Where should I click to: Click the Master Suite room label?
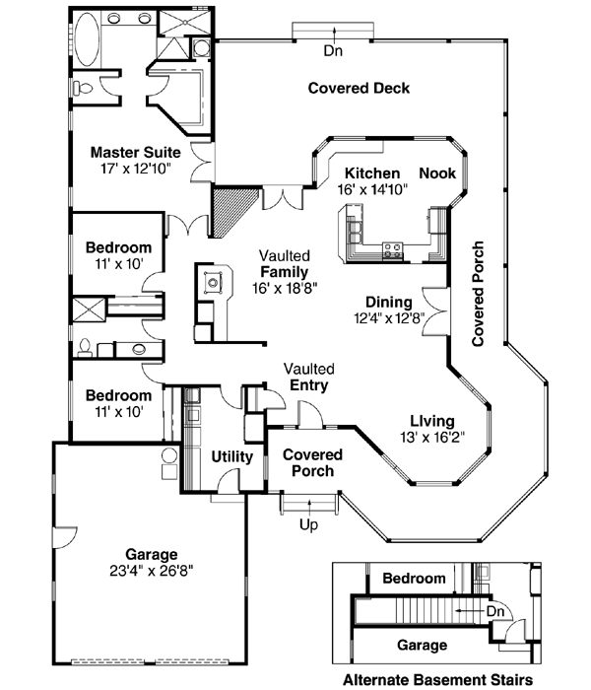click(135, 153)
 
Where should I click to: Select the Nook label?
click(437, 173)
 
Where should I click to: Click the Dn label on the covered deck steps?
click(333, 50)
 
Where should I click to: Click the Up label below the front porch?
click(308, 524)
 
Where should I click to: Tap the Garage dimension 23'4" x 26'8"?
click(151, 570)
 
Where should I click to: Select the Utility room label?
click(232, 457)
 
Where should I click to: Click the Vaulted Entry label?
click(308, 377)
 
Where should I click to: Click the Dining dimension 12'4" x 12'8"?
click(387, 317)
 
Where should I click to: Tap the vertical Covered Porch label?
click(479, 293)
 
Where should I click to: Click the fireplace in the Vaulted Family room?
click(212, 283)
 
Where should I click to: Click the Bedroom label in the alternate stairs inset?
click(414, 579)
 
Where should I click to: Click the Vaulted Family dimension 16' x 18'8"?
click(284, 288)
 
